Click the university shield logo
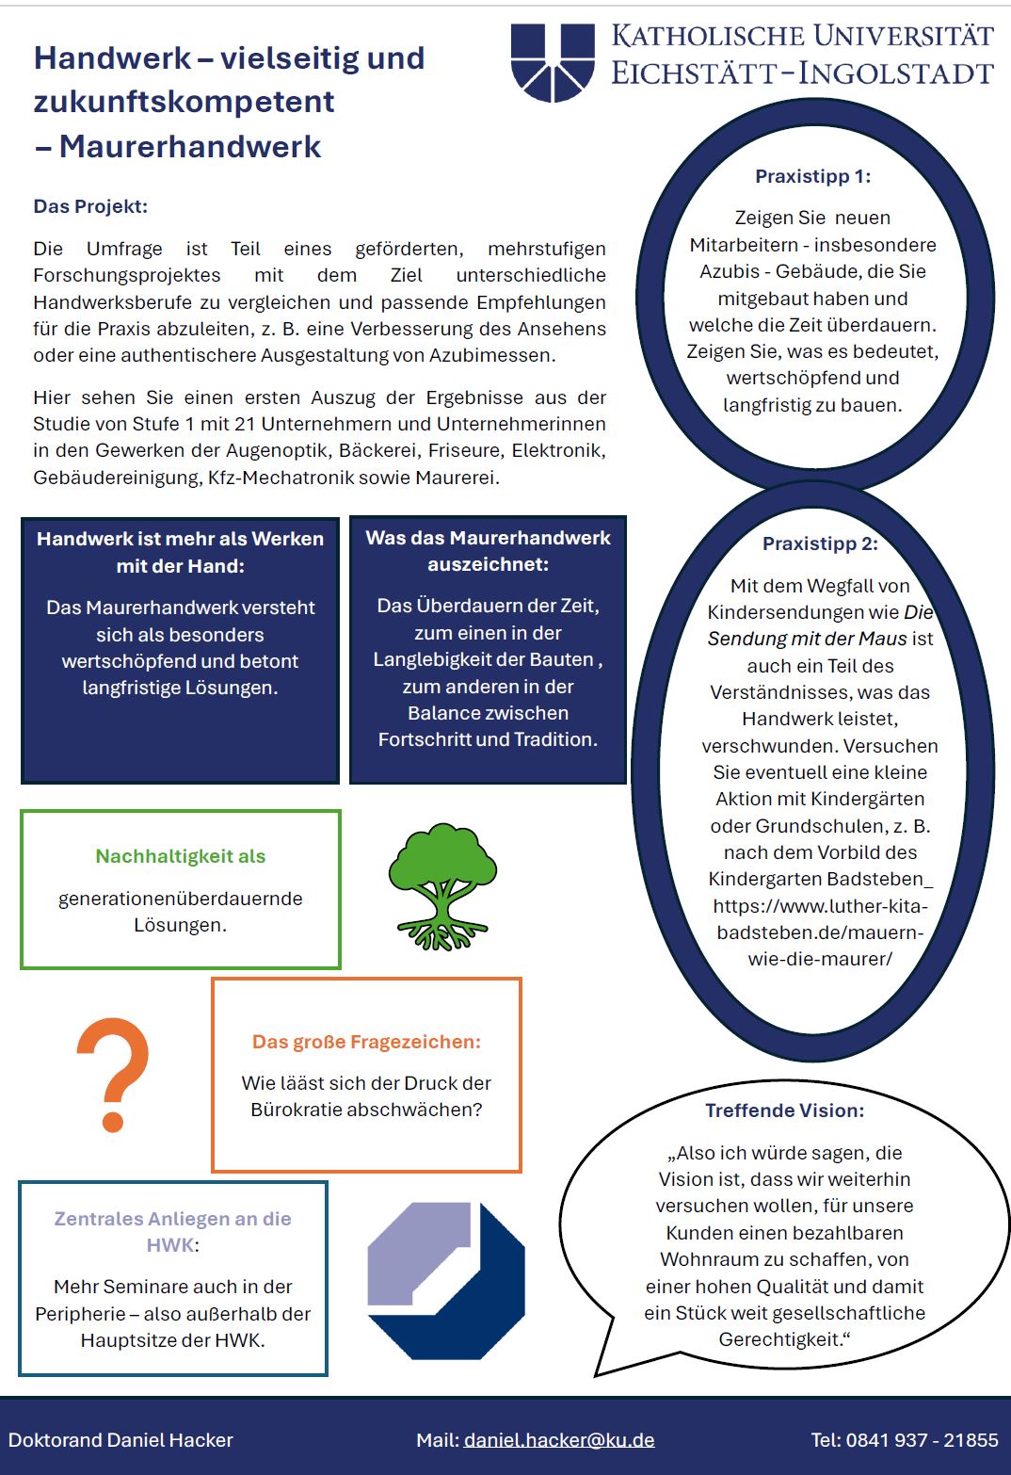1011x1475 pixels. [x=553, y=62]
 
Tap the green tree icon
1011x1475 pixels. [x=441, y=885]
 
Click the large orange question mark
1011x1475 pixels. [x=113, y=1074]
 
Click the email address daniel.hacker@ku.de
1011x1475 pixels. [x=559, y=1440]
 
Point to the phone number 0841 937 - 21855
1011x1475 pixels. [x=922, y=1440]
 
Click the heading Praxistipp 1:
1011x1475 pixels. [x=812, y=176]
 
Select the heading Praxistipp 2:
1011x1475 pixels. [x=820, y=543]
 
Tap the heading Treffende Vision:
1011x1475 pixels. [x=784, y=1110]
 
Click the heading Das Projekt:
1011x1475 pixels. [x=90, y=206]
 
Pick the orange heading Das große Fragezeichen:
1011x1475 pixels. [x=366, y=1042]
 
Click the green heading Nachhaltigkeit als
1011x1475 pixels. [x=181, y=856]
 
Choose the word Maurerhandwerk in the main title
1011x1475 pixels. [x=190, y=147]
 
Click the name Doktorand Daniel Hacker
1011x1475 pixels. [x=120, y=1440]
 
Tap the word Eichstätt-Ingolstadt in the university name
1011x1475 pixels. [x=802, y=73]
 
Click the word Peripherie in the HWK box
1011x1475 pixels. [x=80, y=1313]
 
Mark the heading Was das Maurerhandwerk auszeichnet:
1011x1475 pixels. [x=488, y=551]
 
